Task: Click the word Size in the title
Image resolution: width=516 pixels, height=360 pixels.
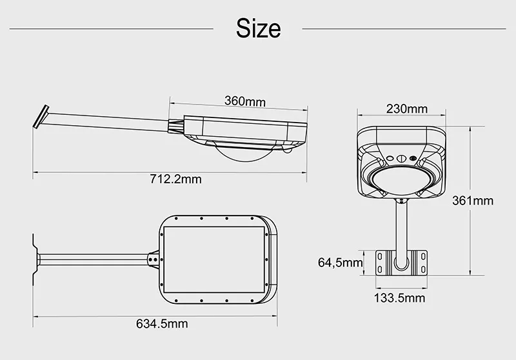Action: tap(258, 28)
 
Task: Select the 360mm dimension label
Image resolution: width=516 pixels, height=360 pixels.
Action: tap(245, 101)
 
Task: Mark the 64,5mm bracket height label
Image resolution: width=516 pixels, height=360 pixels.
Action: tap(340, 262)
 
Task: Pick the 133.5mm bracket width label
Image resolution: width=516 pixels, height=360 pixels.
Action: tap(399, 297)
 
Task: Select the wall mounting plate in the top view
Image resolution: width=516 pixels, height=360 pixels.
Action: tap(33, 258)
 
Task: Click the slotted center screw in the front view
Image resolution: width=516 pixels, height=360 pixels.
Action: tap(400, 157)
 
